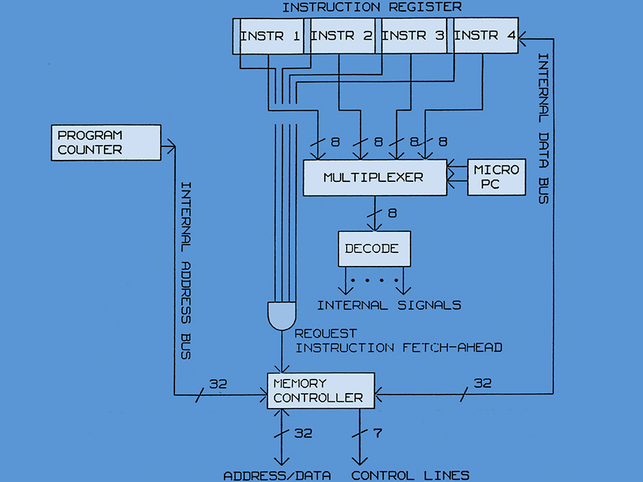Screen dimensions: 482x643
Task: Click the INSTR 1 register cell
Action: pyautogui.click(x=270, y=36)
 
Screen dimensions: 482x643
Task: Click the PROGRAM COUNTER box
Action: pyautogui.click(x=106, y=142)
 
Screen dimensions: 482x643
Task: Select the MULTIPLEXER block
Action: pyautogui.click(x=373, y=178)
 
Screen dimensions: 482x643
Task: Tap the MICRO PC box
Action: pyautogui.click(x=497, y=177)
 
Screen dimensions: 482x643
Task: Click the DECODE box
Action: pyautogui.click(x=374, y=249)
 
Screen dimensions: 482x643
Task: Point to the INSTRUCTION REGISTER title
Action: pyautogui.click(x=371, y=8)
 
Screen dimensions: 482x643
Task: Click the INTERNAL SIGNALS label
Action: pyautogui.click(x=389, y=305)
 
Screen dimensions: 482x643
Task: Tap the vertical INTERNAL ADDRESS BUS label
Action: pyautogui.click(x=185, y=271)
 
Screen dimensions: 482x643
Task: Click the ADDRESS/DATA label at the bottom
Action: pyautogui.click(x=278, y=475)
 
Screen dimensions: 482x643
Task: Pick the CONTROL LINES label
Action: pyautogui.click(x=410, y=475)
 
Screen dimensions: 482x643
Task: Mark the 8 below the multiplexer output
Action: pyautogui.click(x=392, y=213)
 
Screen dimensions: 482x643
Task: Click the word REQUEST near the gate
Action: pyautogui.click(x=326, y=334)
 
